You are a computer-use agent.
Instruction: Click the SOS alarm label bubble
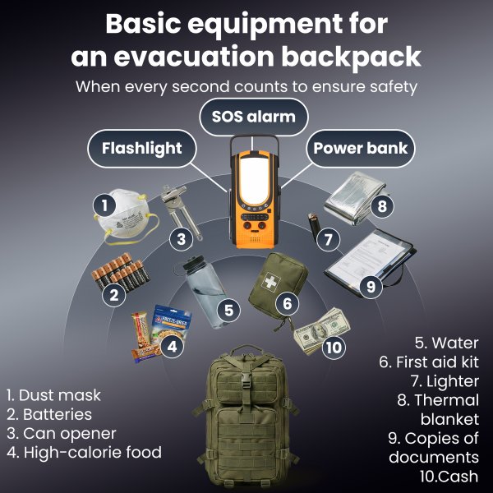click(x=254, y=117)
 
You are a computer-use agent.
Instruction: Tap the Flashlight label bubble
click(x=142, y=148)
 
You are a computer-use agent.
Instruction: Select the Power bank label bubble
click(x=361, y=148)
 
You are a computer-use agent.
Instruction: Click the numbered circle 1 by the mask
click(x=104, y=205)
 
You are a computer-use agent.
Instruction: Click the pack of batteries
click(x=121, y=272)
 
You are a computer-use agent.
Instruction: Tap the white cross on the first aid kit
click(x=270, y=282)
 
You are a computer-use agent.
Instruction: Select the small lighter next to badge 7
click(x=313, y=226)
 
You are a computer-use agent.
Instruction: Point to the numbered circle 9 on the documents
click(x=371, y=287)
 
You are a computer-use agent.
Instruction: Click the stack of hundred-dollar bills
click(x=320, y=330)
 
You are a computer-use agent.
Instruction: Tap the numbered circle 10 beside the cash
click(x=334, y=348)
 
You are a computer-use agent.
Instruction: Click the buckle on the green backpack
click(x=246, y=380)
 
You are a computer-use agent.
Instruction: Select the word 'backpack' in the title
click(x=351, y=57)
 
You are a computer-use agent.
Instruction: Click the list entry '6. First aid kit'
click(x=429, y=362)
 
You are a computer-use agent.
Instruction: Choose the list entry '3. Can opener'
click(x=62, y=434)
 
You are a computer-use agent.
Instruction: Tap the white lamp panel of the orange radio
click(x=255, y=181)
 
